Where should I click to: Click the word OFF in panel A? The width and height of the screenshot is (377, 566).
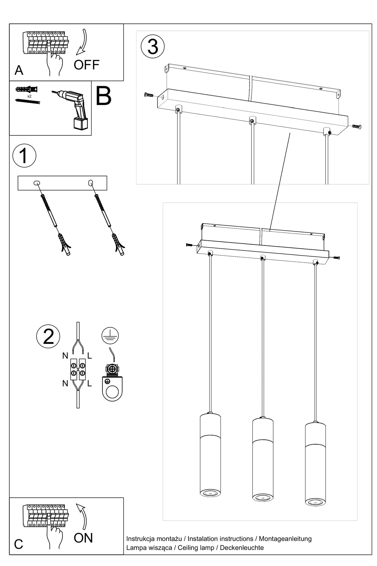tap(86, 65)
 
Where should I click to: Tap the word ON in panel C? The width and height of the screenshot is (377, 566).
tap(83, 538)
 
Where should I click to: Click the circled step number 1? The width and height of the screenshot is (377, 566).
tap(24, 156)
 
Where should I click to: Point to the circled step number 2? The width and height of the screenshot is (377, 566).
tap(48, 337)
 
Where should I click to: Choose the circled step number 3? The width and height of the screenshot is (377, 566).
tap(153, 46)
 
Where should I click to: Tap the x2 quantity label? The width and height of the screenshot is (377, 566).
tap(29, 96)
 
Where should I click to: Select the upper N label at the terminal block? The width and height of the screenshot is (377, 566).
tap(65, 356)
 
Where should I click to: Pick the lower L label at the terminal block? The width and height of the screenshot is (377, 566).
tap(89, 383)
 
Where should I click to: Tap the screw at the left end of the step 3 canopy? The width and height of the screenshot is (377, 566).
tap(149, 95)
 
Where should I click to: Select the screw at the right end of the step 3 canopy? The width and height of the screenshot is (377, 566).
tap(356, 127)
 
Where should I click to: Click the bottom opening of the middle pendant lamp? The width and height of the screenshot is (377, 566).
tap(263, 497)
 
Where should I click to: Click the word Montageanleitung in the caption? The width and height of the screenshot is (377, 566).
tap(285, 539)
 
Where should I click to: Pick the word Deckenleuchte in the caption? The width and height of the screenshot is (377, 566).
tap(242, 547)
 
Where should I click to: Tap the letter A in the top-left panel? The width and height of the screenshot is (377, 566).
tap(19, 70)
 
